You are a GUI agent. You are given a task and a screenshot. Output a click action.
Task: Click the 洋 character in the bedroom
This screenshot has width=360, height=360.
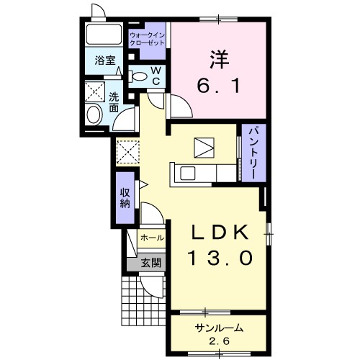tap(220, 60)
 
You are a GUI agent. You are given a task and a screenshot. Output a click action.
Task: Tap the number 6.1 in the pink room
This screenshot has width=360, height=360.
tap(218, 86)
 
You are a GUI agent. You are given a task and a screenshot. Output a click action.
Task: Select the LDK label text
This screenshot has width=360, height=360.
tap(220, 233)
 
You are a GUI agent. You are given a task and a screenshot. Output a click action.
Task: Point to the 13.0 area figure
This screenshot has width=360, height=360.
tap(221, 257)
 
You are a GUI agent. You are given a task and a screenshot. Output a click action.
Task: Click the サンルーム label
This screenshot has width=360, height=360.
tap(219, 328)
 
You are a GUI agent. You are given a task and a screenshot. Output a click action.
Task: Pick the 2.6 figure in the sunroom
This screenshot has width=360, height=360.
tap(219, 341)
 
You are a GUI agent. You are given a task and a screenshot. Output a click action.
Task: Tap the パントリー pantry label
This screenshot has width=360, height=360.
tap(254, 153)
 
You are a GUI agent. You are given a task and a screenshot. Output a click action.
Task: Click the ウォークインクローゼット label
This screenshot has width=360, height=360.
tap(147, 40)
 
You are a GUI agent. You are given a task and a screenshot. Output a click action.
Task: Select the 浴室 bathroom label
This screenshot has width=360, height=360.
tap(105, 60)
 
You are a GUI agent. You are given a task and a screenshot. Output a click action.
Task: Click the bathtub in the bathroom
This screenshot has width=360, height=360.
tap(104, 35)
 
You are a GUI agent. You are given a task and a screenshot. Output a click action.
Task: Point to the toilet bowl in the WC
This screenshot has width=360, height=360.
tap(138, 76)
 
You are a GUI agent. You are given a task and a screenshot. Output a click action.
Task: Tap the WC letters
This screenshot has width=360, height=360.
tap(156, 76)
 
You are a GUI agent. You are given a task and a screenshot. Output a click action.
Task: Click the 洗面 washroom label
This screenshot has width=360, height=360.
tap(114, 102)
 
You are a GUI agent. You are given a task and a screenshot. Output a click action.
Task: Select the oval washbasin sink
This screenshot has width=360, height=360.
tap(94, 114)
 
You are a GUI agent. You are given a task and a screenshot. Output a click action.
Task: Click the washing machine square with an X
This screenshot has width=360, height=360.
tap(95, 91)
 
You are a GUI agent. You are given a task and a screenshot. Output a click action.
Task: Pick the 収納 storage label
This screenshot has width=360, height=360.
tap(125, 198)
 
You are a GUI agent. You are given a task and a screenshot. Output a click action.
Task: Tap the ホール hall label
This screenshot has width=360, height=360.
tap(152, 238)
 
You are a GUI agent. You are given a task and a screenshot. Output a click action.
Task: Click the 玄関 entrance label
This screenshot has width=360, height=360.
tap(150, 264)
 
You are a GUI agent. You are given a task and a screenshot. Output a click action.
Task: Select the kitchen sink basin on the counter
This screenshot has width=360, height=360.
tap(188, 174)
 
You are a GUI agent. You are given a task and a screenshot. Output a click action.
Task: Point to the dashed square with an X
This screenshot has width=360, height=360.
tap(127, 152)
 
